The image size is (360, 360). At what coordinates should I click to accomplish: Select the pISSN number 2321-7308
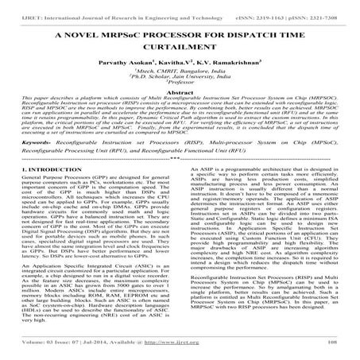325,6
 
